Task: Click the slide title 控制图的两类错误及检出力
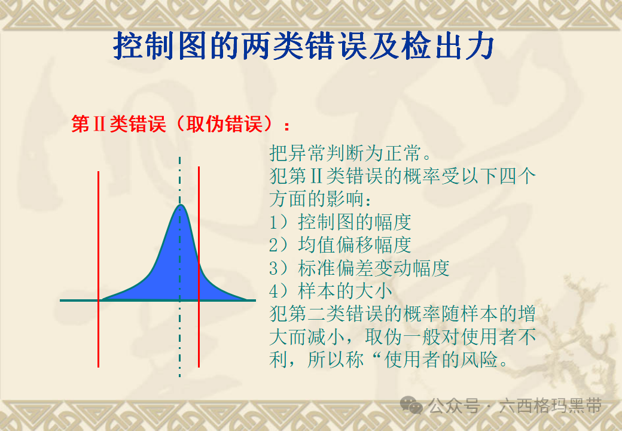304,45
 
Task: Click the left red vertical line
98,269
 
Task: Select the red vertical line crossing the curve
199,267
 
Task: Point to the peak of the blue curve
180,204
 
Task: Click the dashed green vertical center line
179,266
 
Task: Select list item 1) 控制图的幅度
340,222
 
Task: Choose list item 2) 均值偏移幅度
340,245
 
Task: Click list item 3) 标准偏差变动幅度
359,268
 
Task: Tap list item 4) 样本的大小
330,291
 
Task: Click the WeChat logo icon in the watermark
411,405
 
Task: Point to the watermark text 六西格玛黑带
550,406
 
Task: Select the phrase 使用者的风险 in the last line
441,360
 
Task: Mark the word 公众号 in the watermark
454,406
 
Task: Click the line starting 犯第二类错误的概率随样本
403,314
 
